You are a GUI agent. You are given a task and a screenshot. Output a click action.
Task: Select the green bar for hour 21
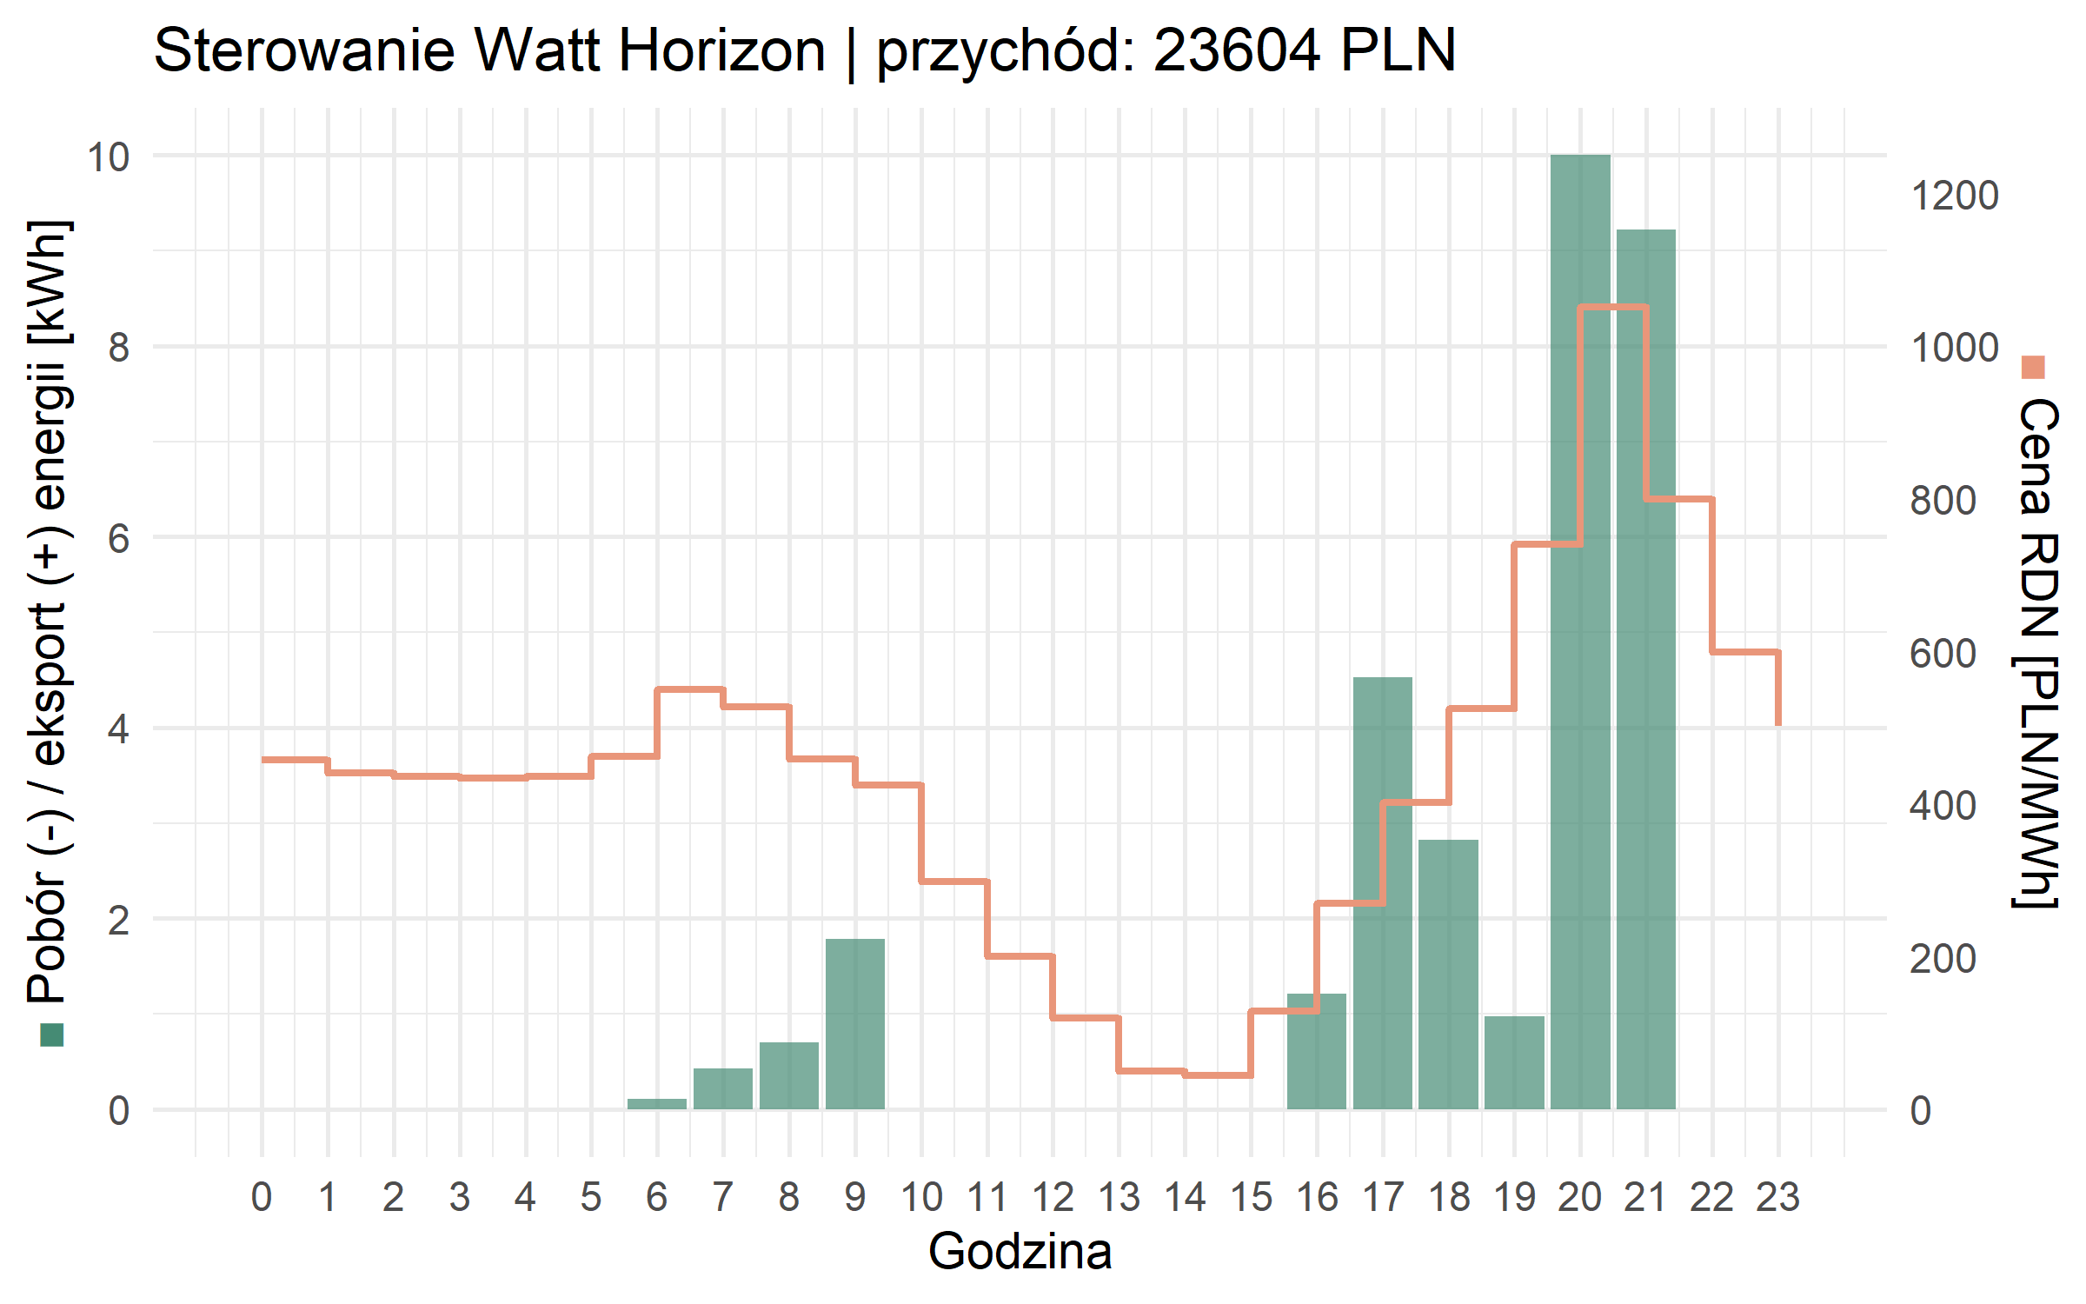pyautogui.click(x=1646, y=669)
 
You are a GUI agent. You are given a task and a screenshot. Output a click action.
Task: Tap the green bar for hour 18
pyautogui.click(x=1448, y=974)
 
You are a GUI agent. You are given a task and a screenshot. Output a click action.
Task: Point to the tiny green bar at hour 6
pyautogui.click(x=657, y=1104)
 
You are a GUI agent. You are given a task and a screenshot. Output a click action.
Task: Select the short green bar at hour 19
pyautogui.click(x=1514, y=1062)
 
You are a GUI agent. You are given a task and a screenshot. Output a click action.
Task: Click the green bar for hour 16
pyautogui.click(x=1317, y=1051)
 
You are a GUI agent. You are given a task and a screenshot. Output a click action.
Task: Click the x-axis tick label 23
pyautogui.click(x=1777, y=1198)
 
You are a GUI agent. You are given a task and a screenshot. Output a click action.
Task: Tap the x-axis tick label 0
pyautogui.click(x=262, y=1198)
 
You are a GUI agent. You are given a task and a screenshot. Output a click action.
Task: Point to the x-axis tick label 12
pyautogui.click(x=1053, y=1198)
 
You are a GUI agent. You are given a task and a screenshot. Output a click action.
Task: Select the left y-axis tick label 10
pyautogui.click(x=108, y=157)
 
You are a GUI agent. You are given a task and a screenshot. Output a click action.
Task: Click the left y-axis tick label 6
pyautogui.click(x=119, y=538)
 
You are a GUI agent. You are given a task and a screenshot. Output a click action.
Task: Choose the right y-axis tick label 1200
pyautogui.click(x=1954, y=196)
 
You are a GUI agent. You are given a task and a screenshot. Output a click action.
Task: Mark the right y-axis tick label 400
pyautogui.click(x=1943, y=806)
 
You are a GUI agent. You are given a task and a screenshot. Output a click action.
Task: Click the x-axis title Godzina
pyautogui.click(x=1020, y=1252)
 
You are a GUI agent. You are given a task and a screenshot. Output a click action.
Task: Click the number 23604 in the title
pyautogui.click(x=1238, y=50)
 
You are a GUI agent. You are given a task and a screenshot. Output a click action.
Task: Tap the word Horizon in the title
pyautogui.click(x=721, y=50)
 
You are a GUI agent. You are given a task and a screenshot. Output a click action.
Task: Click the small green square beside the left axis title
pyautogui.click(x=52, y=1035)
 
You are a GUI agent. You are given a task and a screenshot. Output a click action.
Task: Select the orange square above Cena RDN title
pyautogui.click(x=2033, y=368)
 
